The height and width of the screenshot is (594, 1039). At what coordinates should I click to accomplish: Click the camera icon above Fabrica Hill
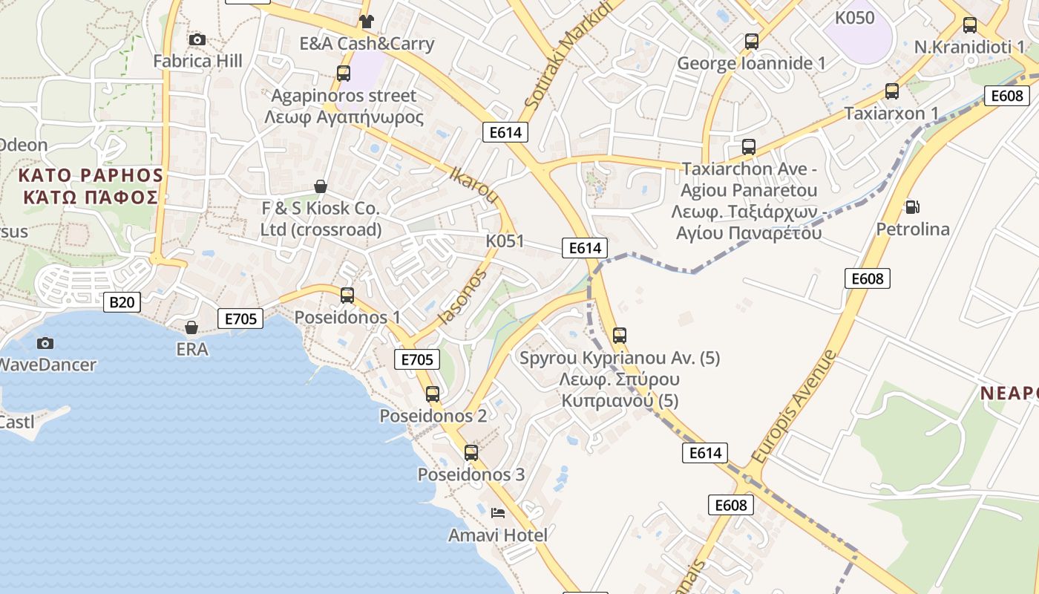[x=197, y=39]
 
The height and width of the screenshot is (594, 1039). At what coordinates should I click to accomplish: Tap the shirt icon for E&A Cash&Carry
[x=366, y=21]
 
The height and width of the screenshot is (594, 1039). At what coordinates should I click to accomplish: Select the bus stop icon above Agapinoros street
[x=343, y=73]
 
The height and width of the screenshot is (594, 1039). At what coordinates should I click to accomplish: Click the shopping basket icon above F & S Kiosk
[x=321, y=186]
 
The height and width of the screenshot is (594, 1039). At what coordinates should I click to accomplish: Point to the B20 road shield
[x=122, y=301]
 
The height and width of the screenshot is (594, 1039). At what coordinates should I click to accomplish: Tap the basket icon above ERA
[x=191, y=327]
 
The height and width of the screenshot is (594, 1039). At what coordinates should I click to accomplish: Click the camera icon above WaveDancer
[x=45, y=342]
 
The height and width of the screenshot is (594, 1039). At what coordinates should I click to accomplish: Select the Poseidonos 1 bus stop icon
[x=347, y=295]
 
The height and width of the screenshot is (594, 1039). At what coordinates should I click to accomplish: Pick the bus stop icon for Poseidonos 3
[x=471, y=452]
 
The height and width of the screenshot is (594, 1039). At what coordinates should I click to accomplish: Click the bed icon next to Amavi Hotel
[x=498, y=512]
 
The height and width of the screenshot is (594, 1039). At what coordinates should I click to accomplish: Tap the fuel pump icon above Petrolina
[x=912, y=206]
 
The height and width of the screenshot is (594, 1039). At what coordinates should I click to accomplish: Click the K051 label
[x=505, y=241]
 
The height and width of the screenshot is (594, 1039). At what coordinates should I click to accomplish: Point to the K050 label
[x=854, y=18]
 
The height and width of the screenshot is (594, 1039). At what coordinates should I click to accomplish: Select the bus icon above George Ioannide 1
[x=752, y=41]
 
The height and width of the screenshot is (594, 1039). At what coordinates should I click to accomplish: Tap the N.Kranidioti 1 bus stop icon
[x=969, y=25]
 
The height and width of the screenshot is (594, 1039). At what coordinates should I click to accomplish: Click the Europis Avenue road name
[x=793, y=407]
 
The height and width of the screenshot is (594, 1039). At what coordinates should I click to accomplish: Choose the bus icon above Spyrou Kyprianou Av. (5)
[x=620, y=335]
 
